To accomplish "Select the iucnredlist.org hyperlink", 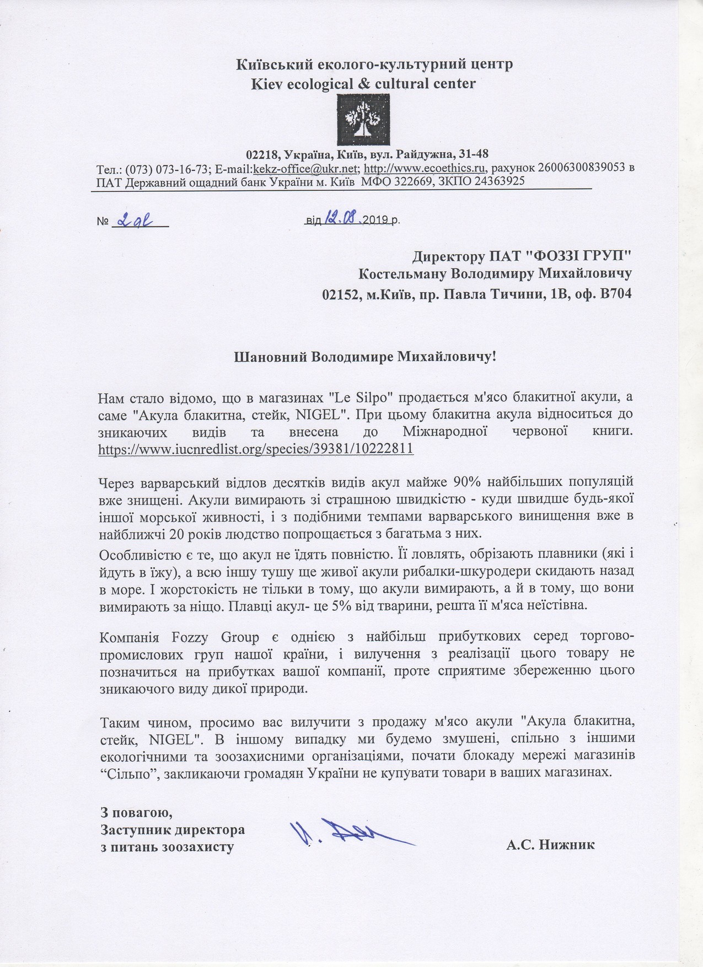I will point(256,449).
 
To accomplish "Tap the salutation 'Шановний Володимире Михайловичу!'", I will point(366,356).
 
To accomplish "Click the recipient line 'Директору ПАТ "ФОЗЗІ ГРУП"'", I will point(522,256).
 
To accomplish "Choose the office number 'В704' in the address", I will point(615,294).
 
